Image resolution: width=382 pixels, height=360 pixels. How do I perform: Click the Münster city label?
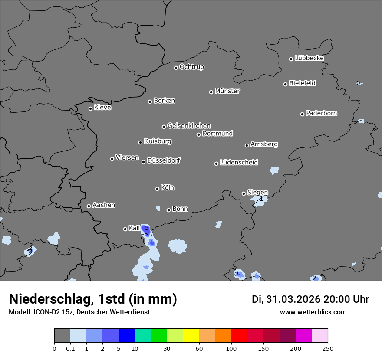tap(227, 91)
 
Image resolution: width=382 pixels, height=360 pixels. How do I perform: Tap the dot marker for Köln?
tap(157, 189)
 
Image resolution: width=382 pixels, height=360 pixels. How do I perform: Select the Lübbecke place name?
tap(309, 58)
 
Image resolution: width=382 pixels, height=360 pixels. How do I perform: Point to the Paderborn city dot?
tap(303, 114)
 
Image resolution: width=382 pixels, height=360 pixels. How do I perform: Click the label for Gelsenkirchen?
tap(189, 126)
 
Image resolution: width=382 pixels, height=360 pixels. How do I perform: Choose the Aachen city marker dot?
tap(89, 206)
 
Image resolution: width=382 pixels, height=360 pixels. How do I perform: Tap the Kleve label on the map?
tap(102, 108)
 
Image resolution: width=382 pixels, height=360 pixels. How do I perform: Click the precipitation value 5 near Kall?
tap(147, 228)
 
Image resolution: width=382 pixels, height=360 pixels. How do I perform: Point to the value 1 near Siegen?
tap(261, 199)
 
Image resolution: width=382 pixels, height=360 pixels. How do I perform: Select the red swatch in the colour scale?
tap(239, 336)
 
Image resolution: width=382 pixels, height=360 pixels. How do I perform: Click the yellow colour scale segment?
tap(191, 336)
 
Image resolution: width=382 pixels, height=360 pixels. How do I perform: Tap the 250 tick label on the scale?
tap(328, 348)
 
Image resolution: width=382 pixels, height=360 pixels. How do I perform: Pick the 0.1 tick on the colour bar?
tap(70, 348)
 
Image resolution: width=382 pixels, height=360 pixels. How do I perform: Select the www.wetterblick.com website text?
tap(313, 312)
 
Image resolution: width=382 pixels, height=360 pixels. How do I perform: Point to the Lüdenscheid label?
tap(239, 163)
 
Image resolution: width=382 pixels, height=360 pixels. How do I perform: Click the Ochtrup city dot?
tap(176, 68)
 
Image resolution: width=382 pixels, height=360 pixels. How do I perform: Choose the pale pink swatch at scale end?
tap(320, 336)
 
